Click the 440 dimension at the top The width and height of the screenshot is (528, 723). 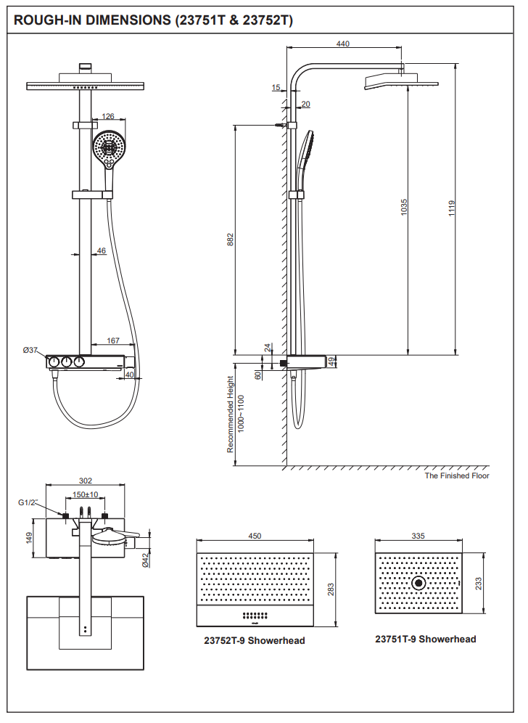[343, 44]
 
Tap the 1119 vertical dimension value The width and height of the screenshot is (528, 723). [451, 209]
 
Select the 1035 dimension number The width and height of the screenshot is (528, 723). [405, 208]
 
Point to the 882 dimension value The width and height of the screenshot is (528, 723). [231, 240]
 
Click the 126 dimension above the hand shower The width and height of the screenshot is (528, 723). [108, 116]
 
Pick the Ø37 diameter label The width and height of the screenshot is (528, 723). [30, 350]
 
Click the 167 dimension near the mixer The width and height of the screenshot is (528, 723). [113, 340]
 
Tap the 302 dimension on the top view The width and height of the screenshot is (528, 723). [86, 480]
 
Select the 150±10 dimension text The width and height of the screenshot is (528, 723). [86, 495]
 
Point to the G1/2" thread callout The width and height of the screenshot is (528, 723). [27, 502]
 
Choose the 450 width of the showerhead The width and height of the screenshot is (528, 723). [255, 536]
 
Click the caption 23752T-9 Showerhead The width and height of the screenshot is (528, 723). [254, 640]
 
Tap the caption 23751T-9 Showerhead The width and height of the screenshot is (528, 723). [426, 639]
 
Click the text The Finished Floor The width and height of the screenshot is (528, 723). [457, 475]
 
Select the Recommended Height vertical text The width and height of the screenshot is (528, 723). [231, 414]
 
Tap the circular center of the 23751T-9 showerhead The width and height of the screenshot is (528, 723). [418, 583]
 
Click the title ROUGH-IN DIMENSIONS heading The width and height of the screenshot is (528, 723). [153, 20]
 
